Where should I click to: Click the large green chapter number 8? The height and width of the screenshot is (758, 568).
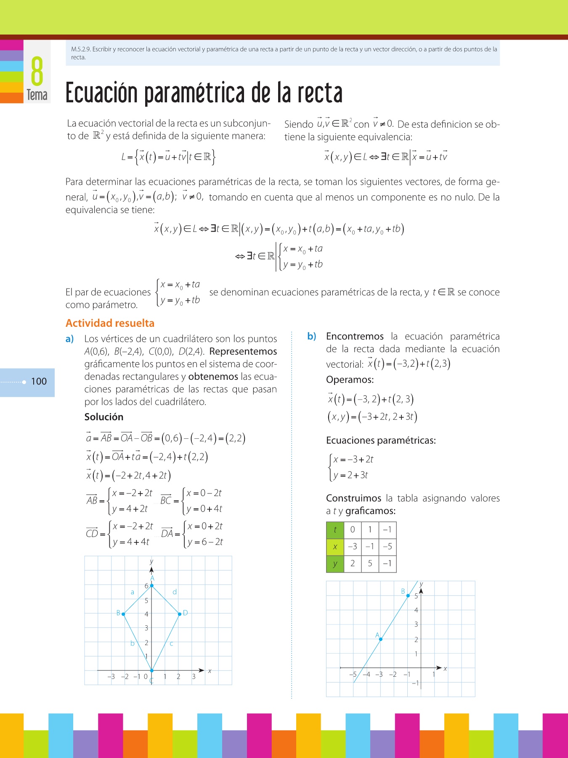pos(37,71)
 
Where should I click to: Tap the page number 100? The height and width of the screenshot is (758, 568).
pos(39,382)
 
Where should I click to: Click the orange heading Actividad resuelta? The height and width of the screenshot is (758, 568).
pos(110,323)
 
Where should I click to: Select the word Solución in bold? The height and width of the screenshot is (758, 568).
pos(104,417)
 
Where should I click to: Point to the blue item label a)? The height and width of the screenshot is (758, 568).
pos(69,339)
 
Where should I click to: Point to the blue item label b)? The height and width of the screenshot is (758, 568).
pos(311,336)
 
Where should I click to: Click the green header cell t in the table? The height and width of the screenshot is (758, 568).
pos(335,530)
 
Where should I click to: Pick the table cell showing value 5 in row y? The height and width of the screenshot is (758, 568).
pos(370,563)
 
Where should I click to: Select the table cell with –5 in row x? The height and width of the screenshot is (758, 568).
pos(387,547)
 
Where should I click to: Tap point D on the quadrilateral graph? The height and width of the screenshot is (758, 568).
pos(180,614)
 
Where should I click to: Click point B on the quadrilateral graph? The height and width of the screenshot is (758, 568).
pos(123,614)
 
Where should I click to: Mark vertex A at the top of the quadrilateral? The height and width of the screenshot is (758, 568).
pos(152,585)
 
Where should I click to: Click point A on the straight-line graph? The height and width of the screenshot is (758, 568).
pos(380,639)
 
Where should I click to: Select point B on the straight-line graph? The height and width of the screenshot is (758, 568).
pos(408,595)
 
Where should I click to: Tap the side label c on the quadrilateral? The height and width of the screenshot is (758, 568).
pos(172,643)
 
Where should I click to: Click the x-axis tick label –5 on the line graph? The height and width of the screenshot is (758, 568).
pos(353,674)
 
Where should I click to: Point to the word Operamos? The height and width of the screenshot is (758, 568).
pos(350,380)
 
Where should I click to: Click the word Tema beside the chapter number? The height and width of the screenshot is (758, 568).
pos(37,95)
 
